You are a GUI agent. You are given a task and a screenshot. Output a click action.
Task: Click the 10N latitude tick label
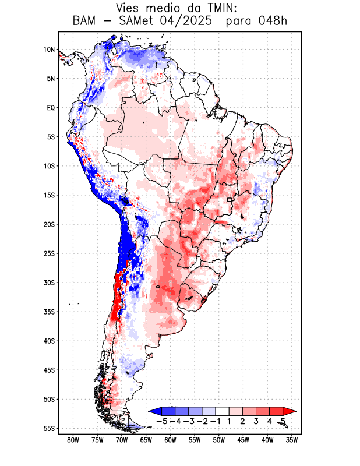pyautogui.click(x=49, y=50)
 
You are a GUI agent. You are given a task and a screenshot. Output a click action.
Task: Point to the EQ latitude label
pyautogui.click(x=50, y=108)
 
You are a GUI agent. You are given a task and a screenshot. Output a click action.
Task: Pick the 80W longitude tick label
pyautogui.click(x=73, y=440)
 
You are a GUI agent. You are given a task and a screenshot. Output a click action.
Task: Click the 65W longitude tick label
pyautogui.click(x=146, y=440)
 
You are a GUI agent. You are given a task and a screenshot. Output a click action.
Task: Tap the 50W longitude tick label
pyautogui.click(x=218, y=440)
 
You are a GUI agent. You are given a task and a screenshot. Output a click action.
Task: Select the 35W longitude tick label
pyautogui.click(x=292, y=440)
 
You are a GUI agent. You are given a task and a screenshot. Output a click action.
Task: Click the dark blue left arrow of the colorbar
pyautogui.click(x=154, y=411)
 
